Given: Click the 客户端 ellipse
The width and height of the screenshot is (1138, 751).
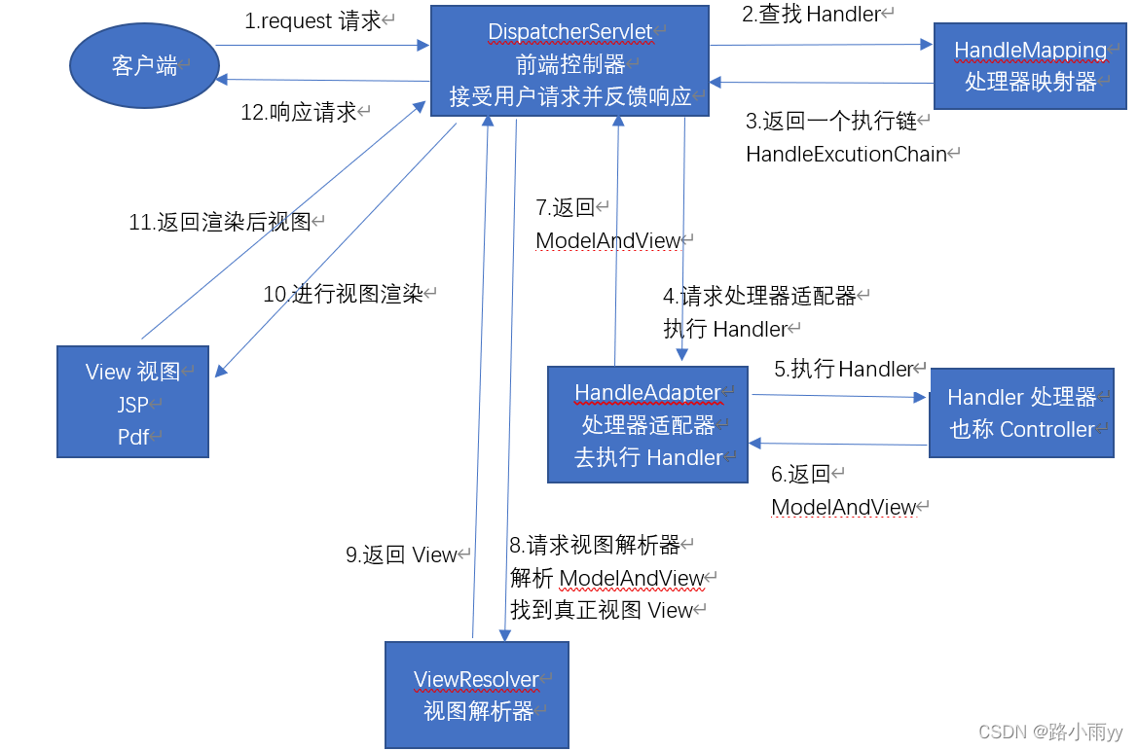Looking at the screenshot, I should (144, 65).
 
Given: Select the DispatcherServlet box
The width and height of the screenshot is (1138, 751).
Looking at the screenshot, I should (569, 61).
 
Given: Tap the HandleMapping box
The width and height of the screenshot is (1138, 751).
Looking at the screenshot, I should (1030, 66).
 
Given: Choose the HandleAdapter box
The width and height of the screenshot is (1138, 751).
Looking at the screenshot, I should (647, 424).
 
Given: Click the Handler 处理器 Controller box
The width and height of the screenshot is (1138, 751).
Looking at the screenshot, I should (1021, 412).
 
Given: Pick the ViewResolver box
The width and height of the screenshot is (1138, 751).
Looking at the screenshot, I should (476, 695).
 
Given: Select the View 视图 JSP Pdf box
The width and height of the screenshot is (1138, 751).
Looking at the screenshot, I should (132, 402).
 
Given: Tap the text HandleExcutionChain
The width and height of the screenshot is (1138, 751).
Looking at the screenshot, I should (846, 154).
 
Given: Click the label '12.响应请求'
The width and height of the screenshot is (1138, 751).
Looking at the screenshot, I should (299, 112).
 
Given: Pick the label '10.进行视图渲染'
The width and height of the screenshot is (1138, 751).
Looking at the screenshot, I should (343, 294).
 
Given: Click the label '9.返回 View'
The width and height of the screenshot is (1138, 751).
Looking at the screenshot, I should (401, 554).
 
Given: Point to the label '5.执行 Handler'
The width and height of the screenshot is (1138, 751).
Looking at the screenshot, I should (844, 369).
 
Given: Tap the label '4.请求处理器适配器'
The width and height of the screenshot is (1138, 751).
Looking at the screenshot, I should (759, 296).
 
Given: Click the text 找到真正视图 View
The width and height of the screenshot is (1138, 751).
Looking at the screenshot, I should (601, 610).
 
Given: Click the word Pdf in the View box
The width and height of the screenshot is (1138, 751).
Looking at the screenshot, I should (132, 437).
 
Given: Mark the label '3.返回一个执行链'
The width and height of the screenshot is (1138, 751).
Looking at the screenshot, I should (831, 122).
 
